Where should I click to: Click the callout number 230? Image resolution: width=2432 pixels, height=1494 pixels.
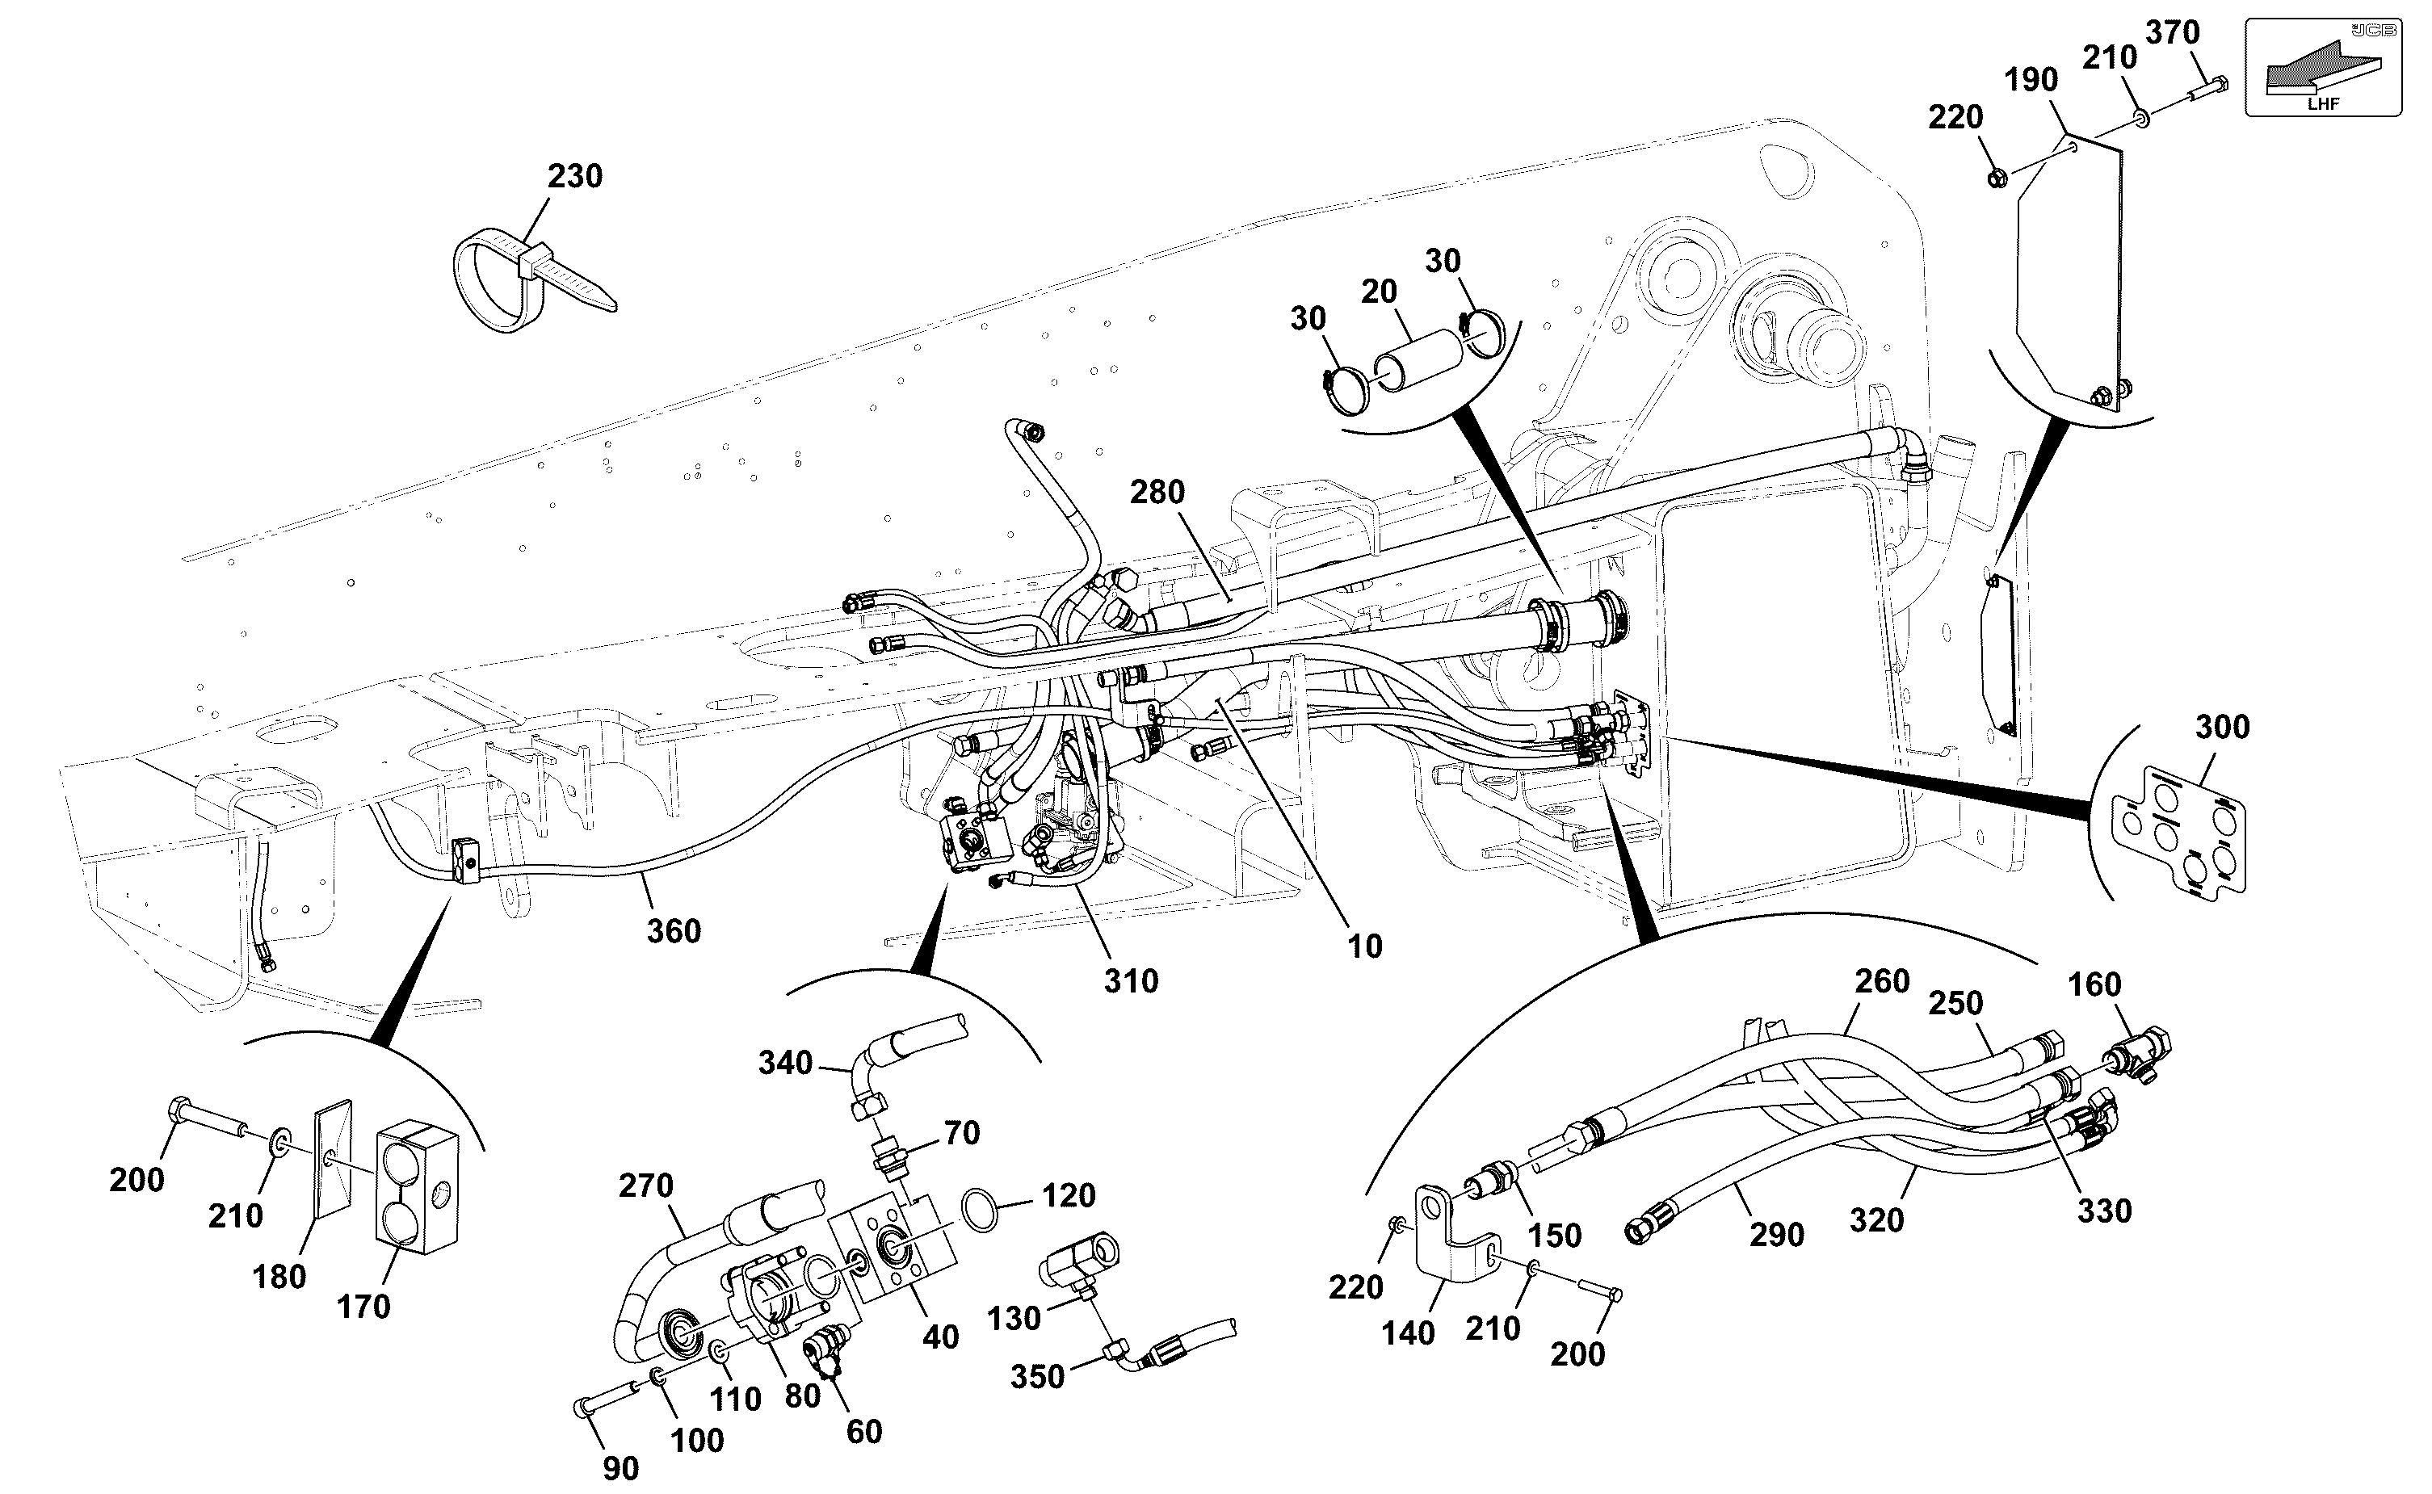pyautogui.click(x=575, y=176)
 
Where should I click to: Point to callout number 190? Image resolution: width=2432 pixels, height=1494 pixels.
pyautogui.click(x=2031, y=80)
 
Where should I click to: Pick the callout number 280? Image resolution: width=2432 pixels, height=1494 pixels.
pyautogui.click(x=1157, y=491)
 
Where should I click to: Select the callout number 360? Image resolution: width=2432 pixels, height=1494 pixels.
pyautogui.click(x=674, y=931)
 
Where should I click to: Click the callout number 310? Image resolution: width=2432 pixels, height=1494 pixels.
pyautogui.click(x=1131, y=981)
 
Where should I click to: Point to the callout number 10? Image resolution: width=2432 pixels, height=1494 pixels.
pyautogui.click(x=1365, y=946)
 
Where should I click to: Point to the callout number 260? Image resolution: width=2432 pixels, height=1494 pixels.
pyautogui.click(x=1882, y=981)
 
